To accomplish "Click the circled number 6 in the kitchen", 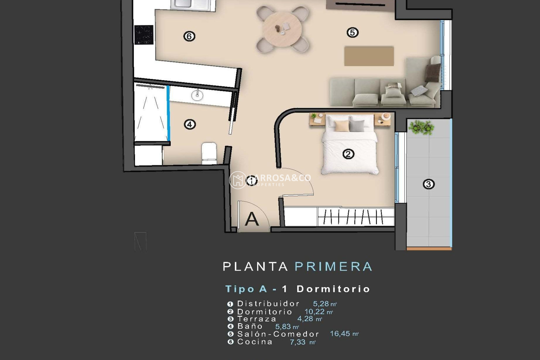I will (189, 36).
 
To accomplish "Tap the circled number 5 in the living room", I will (352, 33).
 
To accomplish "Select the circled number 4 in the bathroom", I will (190, 124).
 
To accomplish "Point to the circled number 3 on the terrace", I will (429, 184).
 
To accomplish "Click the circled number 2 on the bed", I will (348, 154).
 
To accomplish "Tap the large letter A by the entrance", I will (251, 219).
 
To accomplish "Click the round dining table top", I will (282, 28).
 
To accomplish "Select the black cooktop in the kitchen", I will (144, 35).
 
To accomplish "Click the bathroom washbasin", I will (197, 95).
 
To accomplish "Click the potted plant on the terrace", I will (421, 127).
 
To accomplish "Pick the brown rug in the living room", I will (369, 56).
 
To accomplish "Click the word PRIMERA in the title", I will (334, 266).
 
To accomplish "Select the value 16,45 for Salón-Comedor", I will (340, 334).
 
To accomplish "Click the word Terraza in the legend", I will (257, 319).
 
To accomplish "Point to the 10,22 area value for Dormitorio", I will (314, 312).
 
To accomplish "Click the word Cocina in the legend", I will (255, 342).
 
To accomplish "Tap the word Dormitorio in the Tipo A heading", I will (333, 289).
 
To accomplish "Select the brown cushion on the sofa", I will (432, 72).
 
